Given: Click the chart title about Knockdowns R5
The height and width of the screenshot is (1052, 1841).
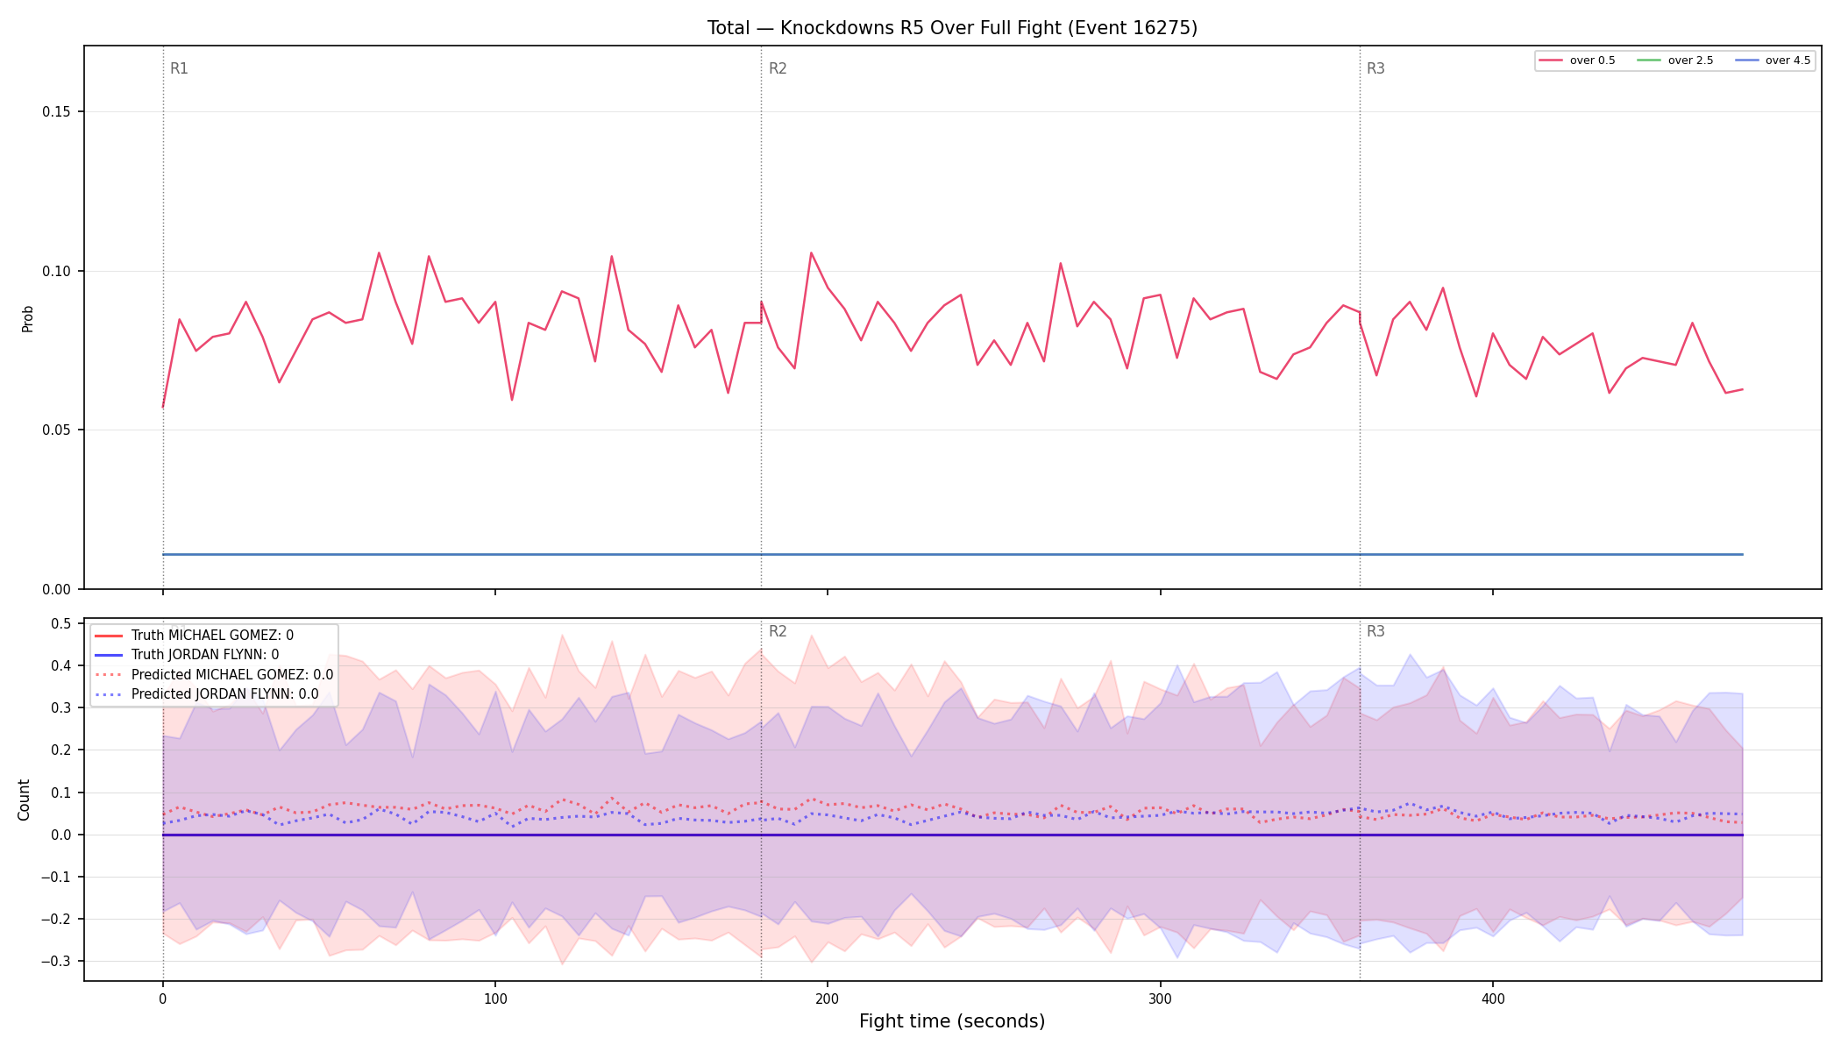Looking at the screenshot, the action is [x=952, y=28].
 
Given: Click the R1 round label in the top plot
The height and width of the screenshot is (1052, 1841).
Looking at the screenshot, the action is [x=179, y=68].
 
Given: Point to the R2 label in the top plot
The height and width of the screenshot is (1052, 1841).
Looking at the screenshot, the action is [x=778, y=68].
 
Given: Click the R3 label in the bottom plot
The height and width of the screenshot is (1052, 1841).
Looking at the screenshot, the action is [x=1375, y=631].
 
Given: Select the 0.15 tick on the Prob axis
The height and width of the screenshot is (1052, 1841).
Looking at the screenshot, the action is [x=57, y=111].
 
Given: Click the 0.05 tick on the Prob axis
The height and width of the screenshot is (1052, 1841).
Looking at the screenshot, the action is [x=57, y=430].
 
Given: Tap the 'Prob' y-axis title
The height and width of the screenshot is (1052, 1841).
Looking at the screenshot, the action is [x=27, y=318].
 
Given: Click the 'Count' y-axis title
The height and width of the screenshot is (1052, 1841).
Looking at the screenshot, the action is [x=24, y=800].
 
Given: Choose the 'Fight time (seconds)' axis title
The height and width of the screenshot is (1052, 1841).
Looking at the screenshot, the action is [x=952, y=1021].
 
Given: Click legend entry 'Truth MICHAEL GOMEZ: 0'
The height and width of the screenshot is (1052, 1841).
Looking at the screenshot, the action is [x=212, y=636].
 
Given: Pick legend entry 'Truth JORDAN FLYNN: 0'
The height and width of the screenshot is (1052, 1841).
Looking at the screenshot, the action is [x=205, y=655].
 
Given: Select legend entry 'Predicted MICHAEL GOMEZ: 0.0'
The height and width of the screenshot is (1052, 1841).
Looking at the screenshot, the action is [x=232, y=675].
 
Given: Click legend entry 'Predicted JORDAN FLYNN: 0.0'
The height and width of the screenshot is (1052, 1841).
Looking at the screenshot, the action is [x=225, y=694].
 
